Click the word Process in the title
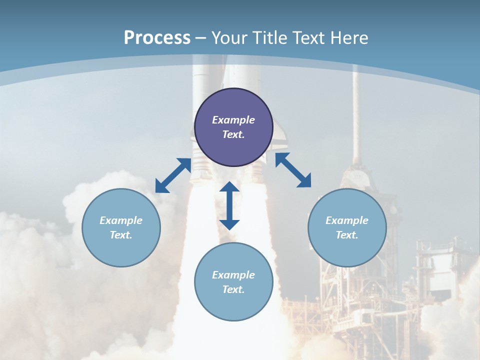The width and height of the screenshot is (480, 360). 157,38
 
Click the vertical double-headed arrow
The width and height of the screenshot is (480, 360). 229,205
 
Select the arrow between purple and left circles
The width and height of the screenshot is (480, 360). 173,175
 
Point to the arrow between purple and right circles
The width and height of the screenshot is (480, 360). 293,170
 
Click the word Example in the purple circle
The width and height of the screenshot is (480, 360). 233,120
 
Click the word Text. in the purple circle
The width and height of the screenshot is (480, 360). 233,134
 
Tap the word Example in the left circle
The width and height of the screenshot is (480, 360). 121,220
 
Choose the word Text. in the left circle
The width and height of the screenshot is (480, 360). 121,235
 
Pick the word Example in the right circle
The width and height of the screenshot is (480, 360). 347,220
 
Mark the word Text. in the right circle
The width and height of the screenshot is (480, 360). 347,235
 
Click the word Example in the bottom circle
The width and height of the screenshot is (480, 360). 233,275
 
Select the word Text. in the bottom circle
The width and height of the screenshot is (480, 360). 233,289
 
